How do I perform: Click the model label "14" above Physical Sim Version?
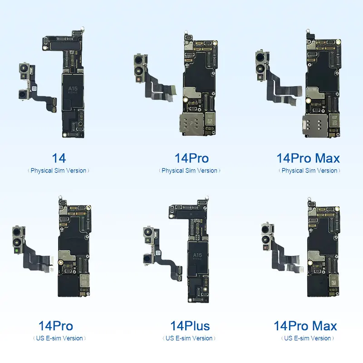point(59,158)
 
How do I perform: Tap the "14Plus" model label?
point(190,326)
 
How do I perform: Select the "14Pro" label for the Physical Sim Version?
point(192,158)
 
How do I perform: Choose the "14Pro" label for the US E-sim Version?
point(56,326)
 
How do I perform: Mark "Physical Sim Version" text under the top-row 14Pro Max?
point(309,171)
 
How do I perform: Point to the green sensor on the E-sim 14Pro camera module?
point(17,249)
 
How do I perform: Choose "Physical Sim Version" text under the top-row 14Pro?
point(190,171)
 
